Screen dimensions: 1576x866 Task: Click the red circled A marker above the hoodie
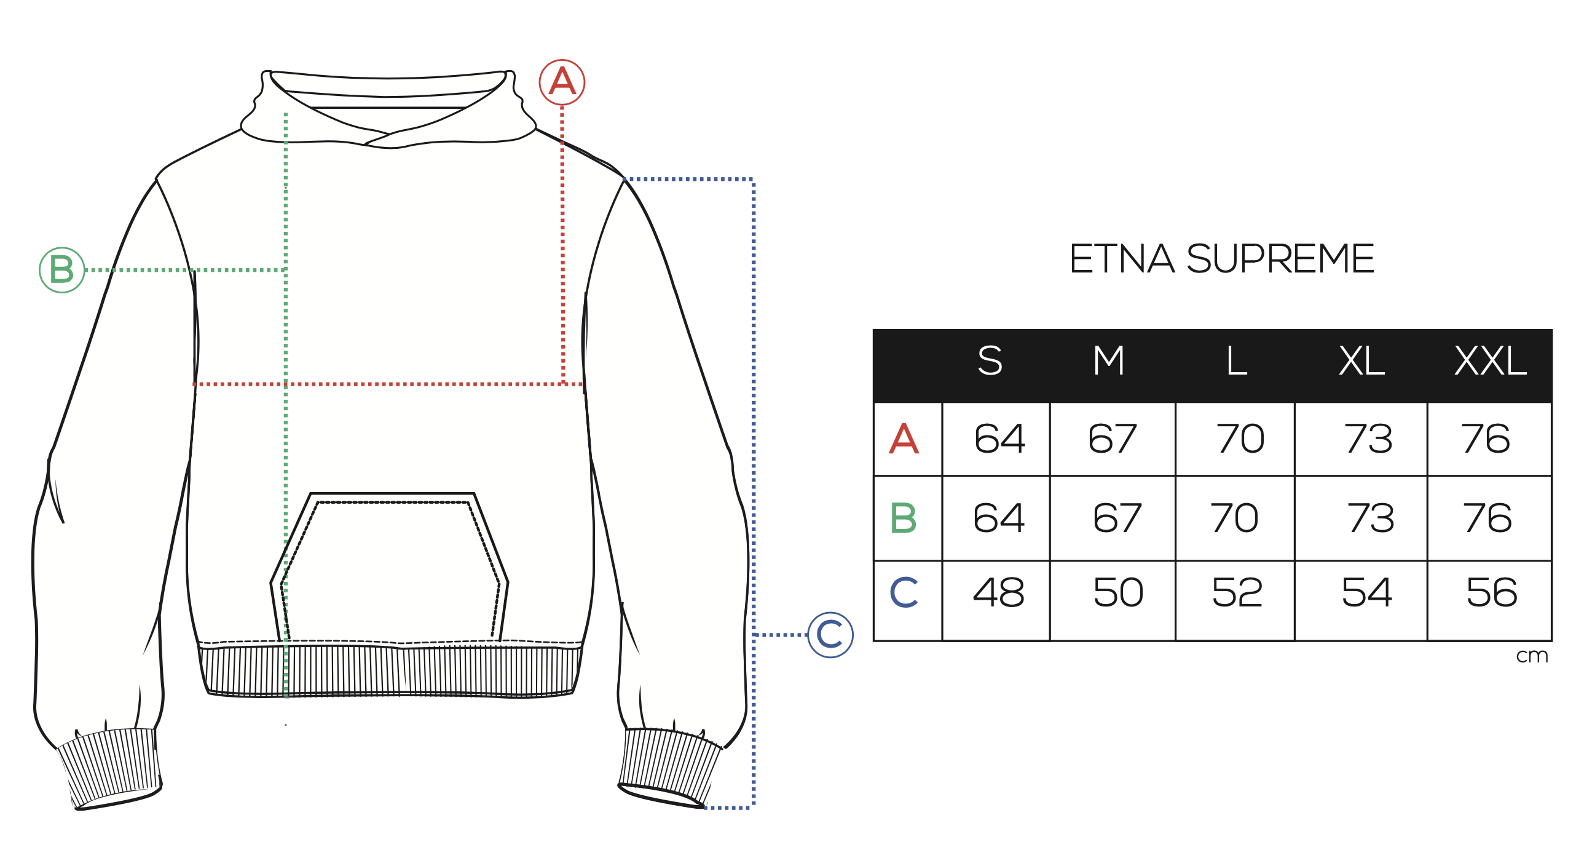pos(562,82)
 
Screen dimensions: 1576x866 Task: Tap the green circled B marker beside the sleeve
pos(62,270)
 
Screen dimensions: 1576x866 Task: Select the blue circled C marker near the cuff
pos(830,635)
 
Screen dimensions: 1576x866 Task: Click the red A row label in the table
pos(904,439)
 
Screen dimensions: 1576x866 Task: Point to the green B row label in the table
pos(904,518)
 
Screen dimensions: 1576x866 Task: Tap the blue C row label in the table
pos(904,592)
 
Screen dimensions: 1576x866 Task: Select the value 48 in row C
pos(999,593)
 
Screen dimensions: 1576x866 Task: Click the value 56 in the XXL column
pos(1492,593)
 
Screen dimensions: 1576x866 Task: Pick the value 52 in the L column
pos(1237,593)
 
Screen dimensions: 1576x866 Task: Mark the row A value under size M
pos(1113,439)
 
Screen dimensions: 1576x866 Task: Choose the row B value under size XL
pos(1371,518)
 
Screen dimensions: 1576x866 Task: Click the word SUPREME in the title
pos(1280,259)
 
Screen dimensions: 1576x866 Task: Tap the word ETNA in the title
pos(1122,259)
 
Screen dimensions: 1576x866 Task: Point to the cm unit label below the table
pos(1532,656)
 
